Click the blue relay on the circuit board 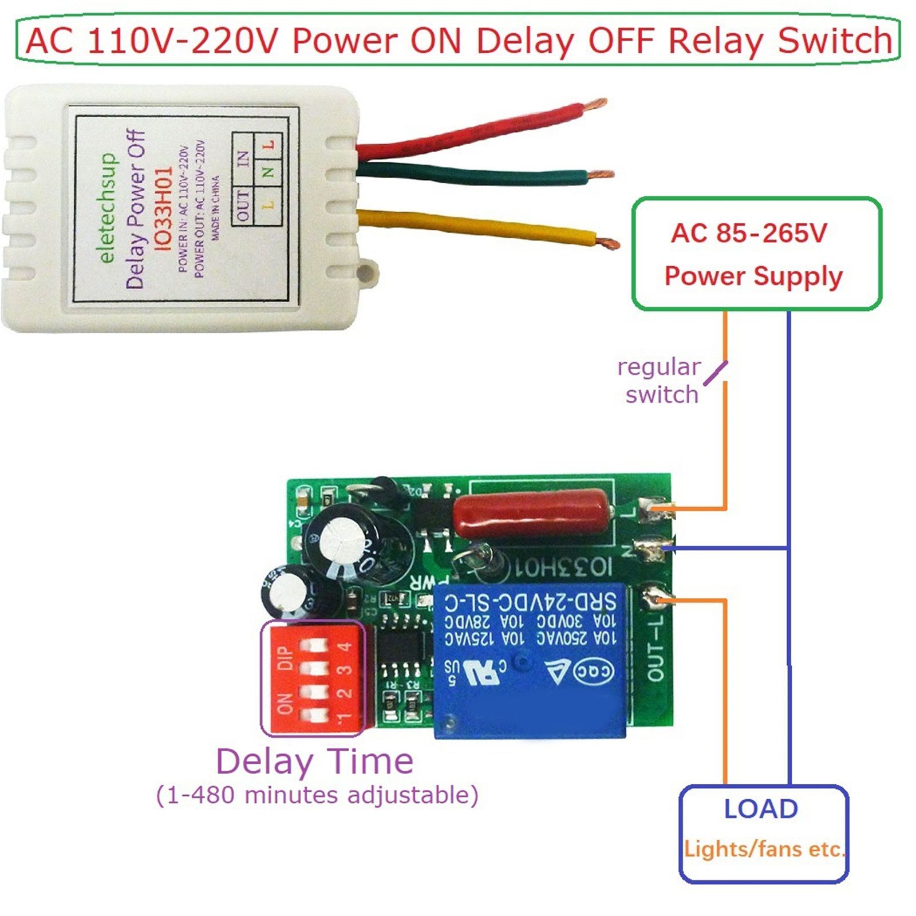[530, 658]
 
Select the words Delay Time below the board [314, 761]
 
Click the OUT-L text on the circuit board [655, 647]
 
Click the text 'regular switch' [660, 381]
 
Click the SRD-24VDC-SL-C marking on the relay [530, 602]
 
